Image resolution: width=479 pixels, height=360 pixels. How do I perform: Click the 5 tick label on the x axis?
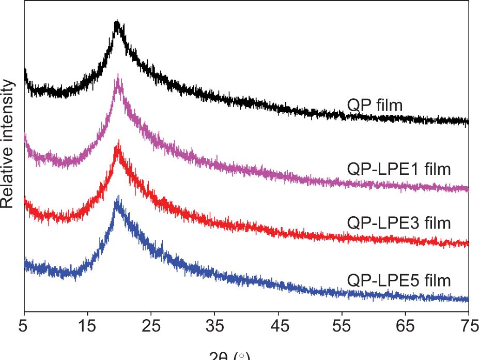(x=24, y=326)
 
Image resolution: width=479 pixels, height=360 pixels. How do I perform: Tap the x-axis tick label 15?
(x=87, y=326)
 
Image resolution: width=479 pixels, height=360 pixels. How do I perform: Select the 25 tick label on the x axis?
(x=151, y=326)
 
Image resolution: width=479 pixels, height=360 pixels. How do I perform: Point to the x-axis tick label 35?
(x=214, y=326)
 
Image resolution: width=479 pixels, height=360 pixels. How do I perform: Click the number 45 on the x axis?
(x=278, y=326)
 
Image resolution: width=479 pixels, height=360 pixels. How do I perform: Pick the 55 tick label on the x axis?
(x=342, y=326)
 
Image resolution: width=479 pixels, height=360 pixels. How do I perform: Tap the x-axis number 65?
(x=405, y=326)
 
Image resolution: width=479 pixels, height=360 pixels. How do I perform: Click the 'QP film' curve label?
(x=375, y=106)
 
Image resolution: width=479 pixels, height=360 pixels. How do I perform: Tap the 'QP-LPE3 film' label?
(x=399, y=223)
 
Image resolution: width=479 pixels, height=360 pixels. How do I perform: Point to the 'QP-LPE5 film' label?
(x=399, y=280)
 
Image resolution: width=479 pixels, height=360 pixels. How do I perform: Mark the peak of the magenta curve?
(x=118, y=77)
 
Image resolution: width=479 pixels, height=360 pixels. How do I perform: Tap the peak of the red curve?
(x=118, y=143)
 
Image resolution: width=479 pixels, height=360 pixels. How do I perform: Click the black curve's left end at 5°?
(x=25, y=70)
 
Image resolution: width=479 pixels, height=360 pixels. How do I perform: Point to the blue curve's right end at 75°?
(x=468, y=299)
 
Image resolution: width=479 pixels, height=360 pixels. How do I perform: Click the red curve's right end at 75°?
(x=468, y=243)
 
